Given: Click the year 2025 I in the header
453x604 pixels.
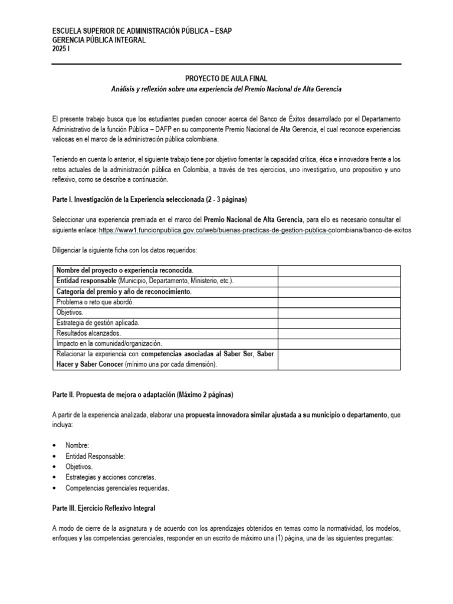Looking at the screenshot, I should (x=61, y=49).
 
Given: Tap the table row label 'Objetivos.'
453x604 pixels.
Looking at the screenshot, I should (x=70, y=312).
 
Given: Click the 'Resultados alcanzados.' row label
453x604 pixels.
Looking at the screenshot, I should (x=88, y=333).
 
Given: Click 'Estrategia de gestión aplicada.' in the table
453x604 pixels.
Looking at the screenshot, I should (x=97, y=323).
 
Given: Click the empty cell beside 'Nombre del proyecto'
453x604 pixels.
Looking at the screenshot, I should (x=339, y=270).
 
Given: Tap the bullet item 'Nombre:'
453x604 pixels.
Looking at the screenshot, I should (x=77, y=445).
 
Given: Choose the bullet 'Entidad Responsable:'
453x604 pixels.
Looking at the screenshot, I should (x=95, y=456).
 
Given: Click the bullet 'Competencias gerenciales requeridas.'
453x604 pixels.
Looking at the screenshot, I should (x=117, y=488).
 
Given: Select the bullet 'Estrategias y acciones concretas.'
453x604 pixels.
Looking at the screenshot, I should (x=111, y=477).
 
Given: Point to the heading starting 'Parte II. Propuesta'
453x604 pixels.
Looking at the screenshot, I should (x=146, y=394).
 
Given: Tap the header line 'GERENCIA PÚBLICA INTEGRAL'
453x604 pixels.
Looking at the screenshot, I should (x=99, y=40).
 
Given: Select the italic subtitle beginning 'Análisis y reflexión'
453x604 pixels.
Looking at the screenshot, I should (x=226, y=88).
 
